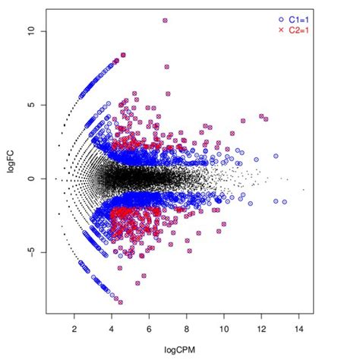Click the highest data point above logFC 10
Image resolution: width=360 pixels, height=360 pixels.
(165, 21)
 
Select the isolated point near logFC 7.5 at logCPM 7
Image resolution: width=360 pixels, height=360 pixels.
(166, 68)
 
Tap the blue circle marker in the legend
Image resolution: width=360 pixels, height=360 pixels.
(281, 18)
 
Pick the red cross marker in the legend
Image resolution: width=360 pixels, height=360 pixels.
(281, 30)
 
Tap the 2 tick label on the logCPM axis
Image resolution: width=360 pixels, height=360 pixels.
(74, 330)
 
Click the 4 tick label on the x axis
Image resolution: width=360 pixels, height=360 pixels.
(112, 330)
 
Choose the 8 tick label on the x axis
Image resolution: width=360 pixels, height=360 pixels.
(187, 330)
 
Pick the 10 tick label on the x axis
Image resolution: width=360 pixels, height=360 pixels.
(224, 330)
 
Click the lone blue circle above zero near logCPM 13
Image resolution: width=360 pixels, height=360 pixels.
(276, 156)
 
